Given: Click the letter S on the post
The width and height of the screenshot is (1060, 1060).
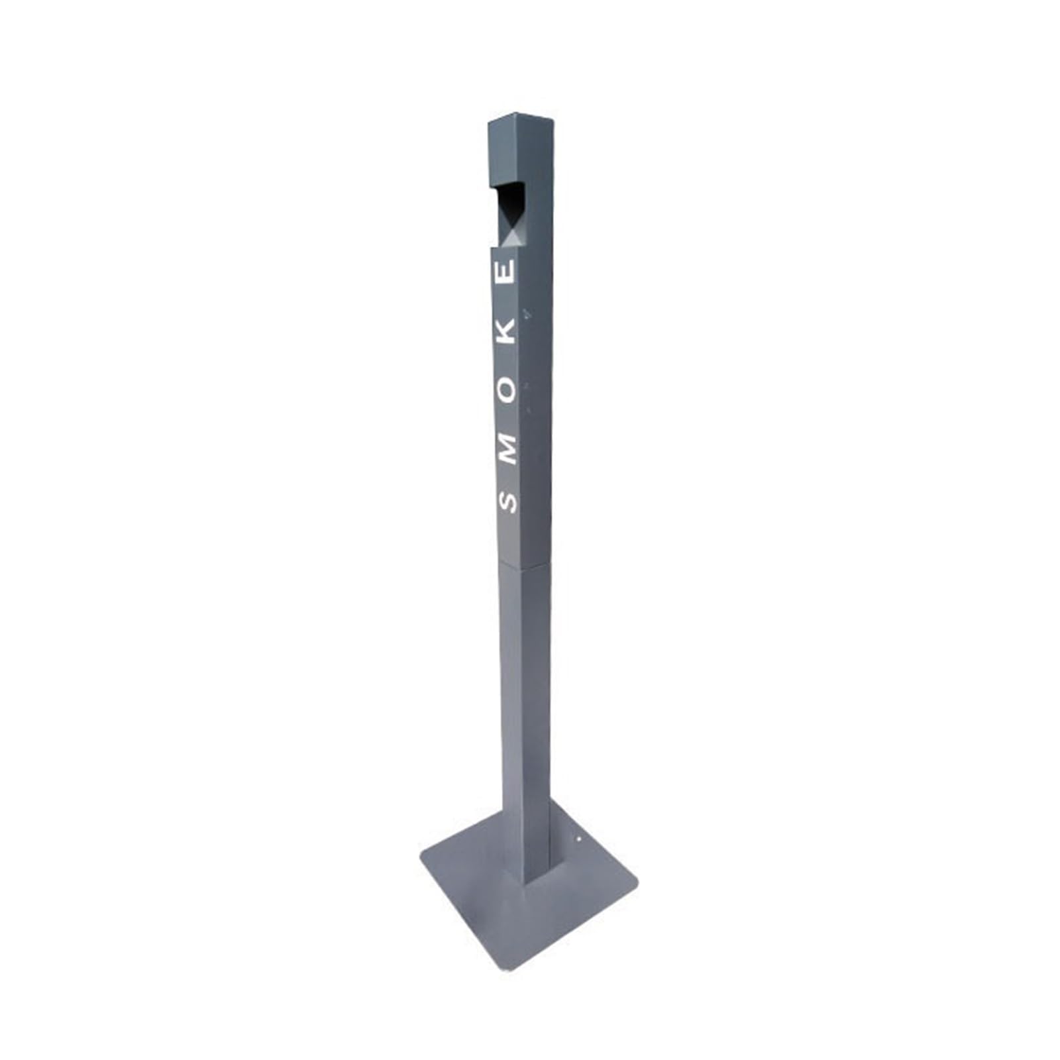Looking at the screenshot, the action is point(507,502).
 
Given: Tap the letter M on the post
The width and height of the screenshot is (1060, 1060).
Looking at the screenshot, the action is point(507,449).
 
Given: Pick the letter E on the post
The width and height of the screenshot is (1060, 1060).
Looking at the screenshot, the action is point(506,273).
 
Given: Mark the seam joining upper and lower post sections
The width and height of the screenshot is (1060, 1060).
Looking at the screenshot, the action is point(525,564).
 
